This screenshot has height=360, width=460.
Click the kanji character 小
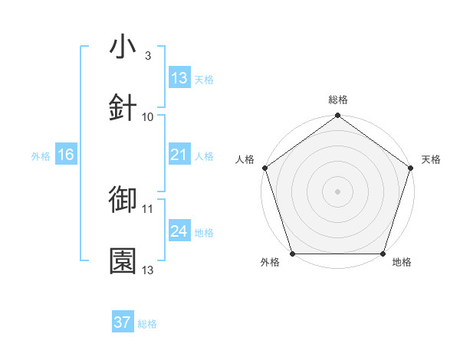123,47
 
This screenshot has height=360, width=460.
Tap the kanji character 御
123,200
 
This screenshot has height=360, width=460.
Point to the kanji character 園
123,261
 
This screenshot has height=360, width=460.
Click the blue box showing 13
179,77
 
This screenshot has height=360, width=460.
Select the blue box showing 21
179,155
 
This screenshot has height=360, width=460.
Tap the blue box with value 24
179,231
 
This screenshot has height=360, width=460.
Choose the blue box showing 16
66,155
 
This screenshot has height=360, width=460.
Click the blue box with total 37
123,322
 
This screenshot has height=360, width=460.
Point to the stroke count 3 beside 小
147,55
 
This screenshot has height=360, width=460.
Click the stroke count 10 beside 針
148,116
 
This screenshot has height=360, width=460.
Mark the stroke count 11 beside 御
148,208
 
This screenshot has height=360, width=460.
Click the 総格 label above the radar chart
338,100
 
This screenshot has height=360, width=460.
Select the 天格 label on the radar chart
432,159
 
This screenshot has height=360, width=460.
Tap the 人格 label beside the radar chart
244,159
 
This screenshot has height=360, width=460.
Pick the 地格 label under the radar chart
402,263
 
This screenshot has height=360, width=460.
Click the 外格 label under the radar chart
271,263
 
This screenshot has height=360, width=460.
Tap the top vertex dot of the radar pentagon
337,116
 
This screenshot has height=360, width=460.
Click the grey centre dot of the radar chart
337,191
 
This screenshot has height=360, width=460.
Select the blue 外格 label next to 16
41,156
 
